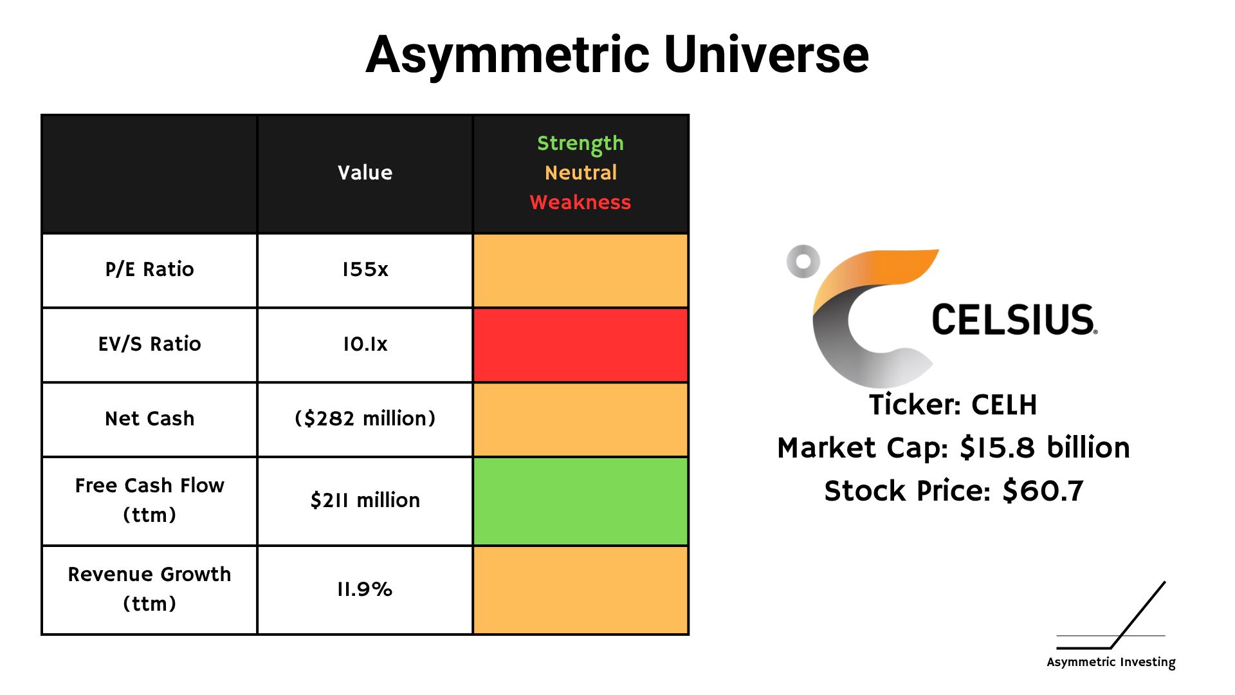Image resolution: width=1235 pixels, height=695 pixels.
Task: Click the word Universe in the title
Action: pos(766,55)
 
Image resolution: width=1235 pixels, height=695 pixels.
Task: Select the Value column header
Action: pos(365,172)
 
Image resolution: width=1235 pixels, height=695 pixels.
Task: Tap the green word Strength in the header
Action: pos(580,144)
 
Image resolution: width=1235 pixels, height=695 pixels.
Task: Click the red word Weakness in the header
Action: pos(580,202)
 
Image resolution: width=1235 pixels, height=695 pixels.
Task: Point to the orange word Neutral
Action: pos(580,172)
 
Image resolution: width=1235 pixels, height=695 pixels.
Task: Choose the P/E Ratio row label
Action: pos(149,269)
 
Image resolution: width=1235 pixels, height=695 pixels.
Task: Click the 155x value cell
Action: pos(365,269)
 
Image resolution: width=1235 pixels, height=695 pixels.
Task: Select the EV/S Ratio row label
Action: pos(149,344)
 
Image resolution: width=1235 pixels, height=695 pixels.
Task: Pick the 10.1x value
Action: pos(365,344)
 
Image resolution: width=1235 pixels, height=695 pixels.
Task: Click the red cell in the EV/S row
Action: pos(580,345)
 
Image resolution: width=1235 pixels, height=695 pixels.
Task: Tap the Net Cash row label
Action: pos(149,418)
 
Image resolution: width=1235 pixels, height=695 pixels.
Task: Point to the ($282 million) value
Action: pos(365,418)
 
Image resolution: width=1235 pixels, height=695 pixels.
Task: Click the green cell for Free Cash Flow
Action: pos(580,501)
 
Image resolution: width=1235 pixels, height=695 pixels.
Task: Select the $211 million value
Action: pos(365,500)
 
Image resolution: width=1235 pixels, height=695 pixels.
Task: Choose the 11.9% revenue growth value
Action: pos(365,589)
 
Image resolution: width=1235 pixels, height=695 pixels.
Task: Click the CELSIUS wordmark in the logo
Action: pos(1014,320)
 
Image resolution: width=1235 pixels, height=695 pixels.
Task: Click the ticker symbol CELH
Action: pos(1004,405)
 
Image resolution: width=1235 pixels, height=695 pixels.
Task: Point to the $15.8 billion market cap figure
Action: pos(1045,448)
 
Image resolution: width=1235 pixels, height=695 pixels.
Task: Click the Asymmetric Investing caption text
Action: pos(1111,662)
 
